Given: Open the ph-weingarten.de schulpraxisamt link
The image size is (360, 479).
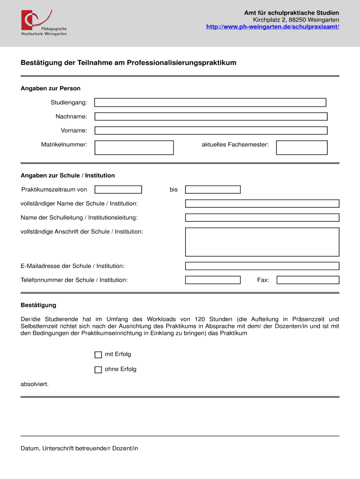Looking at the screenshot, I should (273, 27).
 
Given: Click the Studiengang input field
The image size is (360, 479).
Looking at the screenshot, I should (210, 102).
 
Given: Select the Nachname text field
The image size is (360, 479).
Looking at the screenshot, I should (211, 116).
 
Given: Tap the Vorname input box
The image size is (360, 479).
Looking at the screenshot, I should (211, 131).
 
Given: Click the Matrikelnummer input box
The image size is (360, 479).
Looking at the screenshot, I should (134, 147).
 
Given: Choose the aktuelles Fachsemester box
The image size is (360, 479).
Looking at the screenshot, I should (302, 147).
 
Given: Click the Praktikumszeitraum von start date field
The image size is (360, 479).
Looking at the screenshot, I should (118, 189).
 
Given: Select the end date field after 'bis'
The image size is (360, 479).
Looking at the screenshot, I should (213, 189).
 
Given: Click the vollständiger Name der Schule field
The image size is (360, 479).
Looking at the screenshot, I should (262, 203).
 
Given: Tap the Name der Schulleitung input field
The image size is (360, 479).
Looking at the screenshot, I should (262, 218).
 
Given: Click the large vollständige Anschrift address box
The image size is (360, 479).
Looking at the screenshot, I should (262, 242).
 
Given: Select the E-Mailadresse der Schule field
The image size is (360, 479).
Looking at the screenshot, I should (262, 266).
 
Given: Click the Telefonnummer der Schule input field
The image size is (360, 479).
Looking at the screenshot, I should (213, 280).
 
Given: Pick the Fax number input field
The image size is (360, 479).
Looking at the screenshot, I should (308, 280).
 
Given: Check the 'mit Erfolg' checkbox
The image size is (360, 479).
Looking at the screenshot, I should (98, 355).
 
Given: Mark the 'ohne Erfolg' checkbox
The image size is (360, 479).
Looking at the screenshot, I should (98, 370).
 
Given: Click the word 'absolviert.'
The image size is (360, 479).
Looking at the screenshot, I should (35, 384).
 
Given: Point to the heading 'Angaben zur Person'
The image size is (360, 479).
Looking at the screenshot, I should (50, 88).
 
